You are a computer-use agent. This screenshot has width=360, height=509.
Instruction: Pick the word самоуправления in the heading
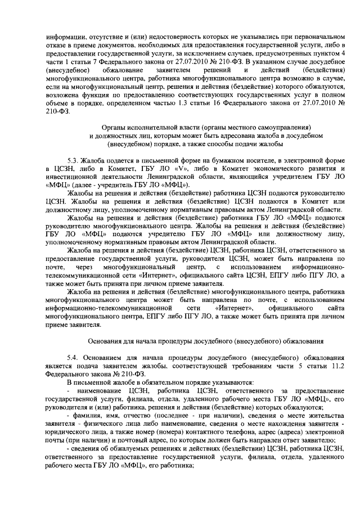pyautogui.click(x=278, y=128)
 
